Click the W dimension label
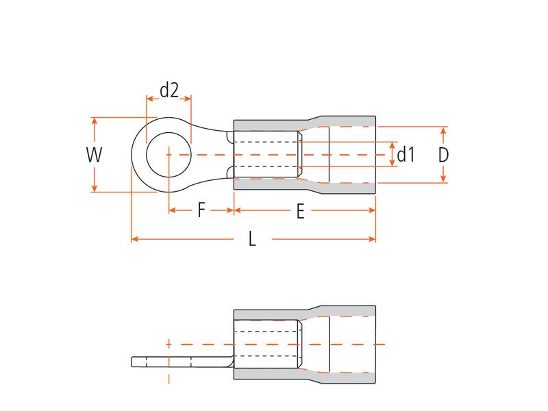pos(94,155)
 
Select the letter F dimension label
pos(201,210)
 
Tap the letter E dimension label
pos(301,212)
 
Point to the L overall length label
pos(252,240)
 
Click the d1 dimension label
pos(407,155)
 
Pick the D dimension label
pos(443,155)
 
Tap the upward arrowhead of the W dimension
pos(95,121)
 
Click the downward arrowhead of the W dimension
pos(95,188)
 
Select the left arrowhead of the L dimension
pos(134,239)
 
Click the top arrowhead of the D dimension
pos(444,130)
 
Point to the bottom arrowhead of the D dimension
pos(444,179)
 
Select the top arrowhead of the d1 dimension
pos(392,146)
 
